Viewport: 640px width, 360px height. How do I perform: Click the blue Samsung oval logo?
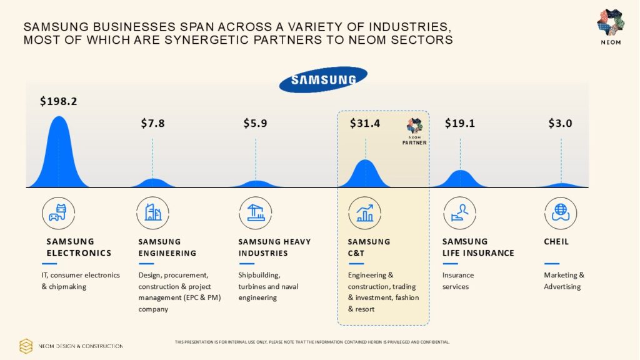point(323,79)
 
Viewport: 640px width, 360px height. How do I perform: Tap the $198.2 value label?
point(58,101)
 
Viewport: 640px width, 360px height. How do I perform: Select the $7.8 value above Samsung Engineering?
point(152,123)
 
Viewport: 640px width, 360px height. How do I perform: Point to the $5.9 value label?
point(255,123)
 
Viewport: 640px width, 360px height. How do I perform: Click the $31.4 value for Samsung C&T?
point(365,123)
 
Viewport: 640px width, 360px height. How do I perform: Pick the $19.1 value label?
point(460,123)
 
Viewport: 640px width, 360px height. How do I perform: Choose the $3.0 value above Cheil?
point(560,123)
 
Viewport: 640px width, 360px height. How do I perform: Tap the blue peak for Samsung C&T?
point(366,174)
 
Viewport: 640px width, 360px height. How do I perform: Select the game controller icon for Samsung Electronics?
point(58,212)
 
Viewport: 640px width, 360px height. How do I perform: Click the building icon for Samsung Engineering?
point(152,212)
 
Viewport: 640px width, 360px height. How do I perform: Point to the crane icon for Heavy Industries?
point(255,212)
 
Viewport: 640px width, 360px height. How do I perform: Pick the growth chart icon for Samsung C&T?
point(365,212)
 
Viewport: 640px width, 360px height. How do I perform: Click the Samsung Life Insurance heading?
point(478,247)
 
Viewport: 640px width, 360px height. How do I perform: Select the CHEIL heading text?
point(556,241)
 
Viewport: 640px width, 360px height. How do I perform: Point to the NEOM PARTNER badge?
point(414,132)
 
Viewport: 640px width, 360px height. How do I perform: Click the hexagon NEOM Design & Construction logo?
point(26,346)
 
